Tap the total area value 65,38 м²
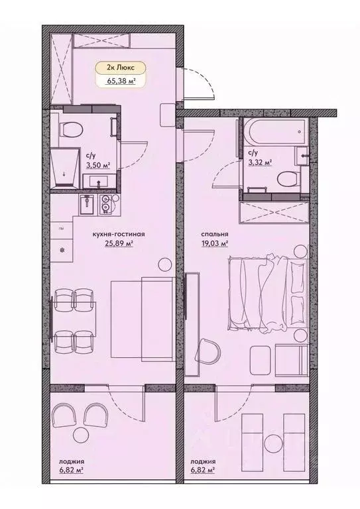click(117, 82)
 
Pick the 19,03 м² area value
click(215, 244)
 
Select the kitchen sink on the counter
click(105, 205)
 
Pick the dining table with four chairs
click(74, 319)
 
